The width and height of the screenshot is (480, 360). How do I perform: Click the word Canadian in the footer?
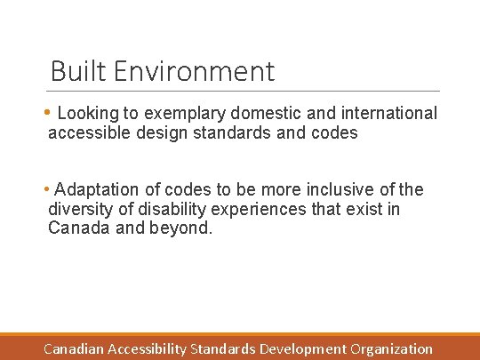pos(74,349)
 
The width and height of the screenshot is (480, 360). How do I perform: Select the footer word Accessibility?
pos(147,349)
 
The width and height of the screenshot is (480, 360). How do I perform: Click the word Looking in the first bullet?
pos(86,114)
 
